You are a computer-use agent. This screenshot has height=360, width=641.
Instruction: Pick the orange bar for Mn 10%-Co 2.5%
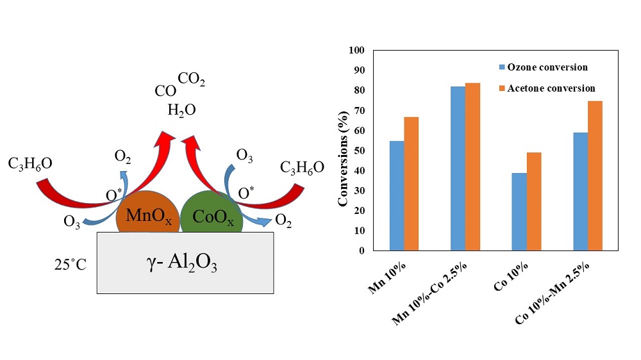click(x=472, y=167)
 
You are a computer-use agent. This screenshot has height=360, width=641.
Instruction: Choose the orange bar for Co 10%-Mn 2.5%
click(x=595, y=176)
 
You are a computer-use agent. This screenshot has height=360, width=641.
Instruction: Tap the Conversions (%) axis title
click(x=343, y=151)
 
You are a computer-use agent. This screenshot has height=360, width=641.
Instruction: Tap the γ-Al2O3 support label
click(x=186, y=263)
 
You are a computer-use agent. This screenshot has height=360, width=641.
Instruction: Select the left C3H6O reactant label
click(x=30, y=164)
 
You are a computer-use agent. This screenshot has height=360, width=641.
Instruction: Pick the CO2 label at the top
click(x=192, y=79)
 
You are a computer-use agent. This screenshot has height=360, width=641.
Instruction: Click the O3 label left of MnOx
click(x=72, y=222)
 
